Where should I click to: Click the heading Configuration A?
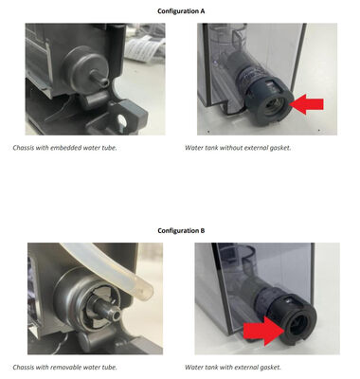click(x=181, y=11)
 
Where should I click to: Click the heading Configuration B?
click(x=181, y=230)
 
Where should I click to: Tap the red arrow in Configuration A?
click(x=307, y=104)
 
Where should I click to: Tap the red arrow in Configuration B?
click(x=262, y=331)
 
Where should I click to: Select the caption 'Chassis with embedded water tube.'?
click(x=64, y=148)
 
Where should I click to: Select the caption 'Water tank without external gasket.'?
click(x=238, y=148)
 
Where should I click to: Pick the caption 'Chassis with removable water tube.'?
click(x=64, y=368)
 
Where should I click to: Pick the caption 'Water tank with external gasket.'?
click(x=233, y=368)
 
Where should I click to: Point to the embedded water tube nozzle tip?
click(x=104, y=83)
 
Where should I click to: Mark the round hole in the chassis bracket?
click(x=121, y=120)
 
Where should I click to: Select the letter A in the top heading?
click(x=203, y=11)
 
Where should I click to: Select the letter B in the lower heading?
click(x=203, y=230)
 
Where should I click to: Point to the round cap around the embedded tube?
click(x=82, y=68)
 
